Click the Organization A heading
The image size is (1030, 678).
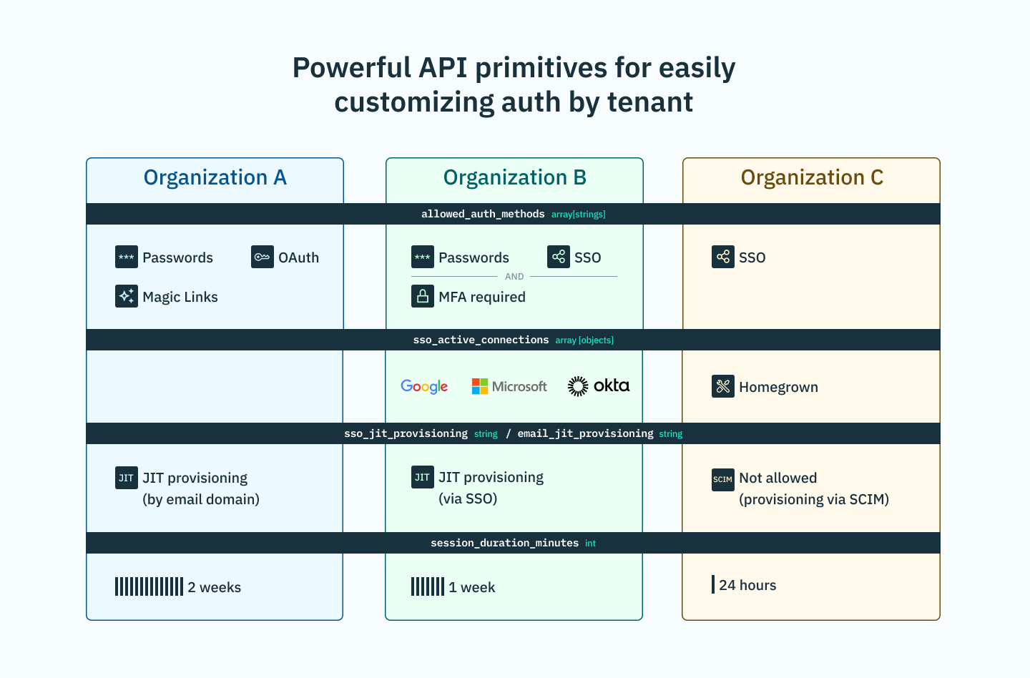pyautogui.click(x=215, y=177)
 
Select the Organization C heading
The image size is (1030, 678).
pyautogui.click(x=812, y=177)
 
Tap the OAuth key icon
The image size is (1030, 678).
pyautogui.click(x=263, y=257)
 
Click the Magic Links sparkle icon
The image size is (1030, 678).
pyautogui.click(x=127, y=296)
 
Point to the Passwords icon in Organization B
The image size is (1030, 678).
pyautogui.click(x=423, y=257)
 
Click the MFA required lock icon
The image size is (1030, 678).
pyautogui.click(x=423, y=296)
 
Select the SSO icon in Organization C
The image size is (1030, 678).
pyautogui.click(x=723, y=257)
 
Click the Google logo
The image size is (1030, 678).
pyautogui.click(x=424, y=386)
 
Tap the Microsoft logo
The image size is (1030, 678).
pyautogui.click(x=509, y=386)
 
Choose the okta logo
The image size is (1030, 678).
pyautogui.click(x=599, y=386)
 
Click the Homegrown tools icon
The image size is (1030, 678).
pyautogui.click(x=723, y=386)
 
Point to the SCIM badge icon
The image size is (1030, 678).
pyautogui.click(x=723, y=479)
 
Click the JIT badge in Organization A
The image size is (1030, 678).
pyautogui.click(x=127, y=478)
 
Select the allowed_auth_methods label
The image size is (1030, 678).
pyautogui.click(x=483, y=214)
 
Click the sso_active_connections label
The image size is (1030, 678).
pyautogui.click(x=481, y=340)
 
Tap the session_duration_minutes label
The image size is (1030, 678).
pyautogui.click(x=504, y=543)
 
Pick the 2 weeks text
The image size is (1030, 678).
pyautogui.click(x=215, y=587)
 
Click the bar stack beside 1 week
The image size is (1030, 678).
pyautogui.click(x=428, y=586)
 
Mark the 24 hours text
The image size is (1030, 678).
pyautogui.click(x=747, y=585)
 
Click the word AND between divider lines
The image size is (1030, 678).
pyautogui.click(x=514, y=277)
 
